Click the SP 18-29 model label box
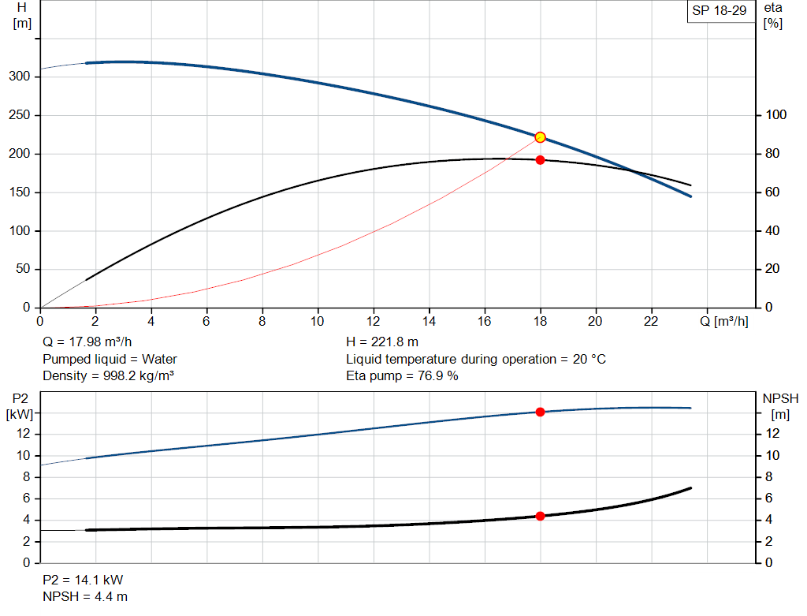point(719,11)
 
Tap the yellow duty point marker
point(540,137)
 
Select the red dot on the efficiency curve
point(540,160)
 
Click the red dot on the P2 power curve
point(540,412)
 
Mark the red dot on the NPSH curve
point(540,516)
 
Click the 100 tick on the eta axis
point(776,115)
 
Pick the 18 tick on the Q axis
point(540,321)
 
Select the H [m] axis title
point(22,15)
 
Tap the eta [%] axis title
point(773,15)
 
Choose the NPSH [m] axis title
point(780,405)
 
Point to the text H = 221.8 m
point(382,342)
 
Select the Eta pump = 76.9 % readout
point(402,375)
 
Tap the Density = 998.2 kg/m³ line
point(108,375)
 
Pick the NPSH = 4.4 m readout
point(85,596)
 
